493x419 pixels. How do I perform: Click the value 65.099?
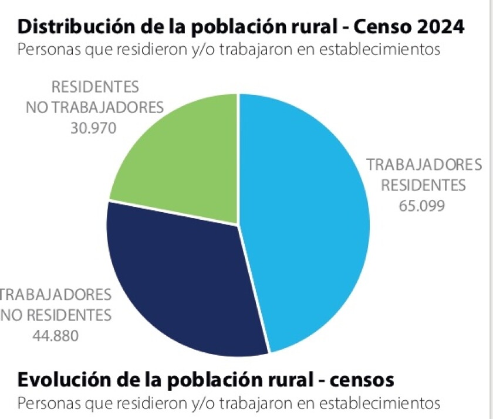(422, 206)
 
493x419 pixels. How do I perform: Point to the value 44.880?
(55, 336)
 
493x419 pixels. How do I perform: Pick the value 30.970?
(93, 128)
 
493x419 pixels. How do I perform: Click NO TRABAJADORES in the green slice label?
(94, 108)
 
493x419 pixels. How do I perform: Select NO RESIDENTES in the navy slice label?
(56, 315)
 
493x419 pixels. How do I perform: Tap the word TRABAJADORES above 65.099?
(424, 165)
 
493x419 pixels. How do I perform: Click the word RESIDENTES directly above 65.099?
(423, 186)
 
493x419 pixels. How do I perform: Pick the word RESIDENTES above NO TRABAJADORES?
(95, 87)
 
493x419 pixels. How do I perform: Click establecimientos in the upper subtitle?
(380, 49)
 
